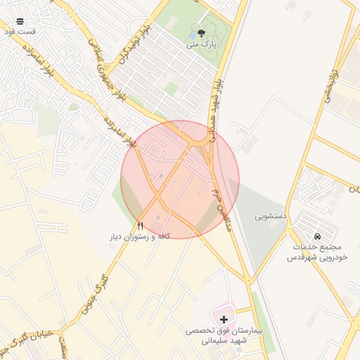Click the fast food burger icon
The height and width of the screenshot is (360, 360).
click(x=19, y=21)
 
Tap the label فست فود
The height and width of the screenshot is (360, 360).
click(x=19, y=32)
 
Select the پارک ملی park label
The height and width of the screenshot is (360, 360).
click(x=202, y=44)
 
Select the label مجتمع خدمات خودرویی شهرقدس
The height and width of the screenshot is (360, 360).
click(x=315, y=252)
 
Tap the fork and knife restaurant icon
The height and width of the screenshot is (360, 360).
click(x=140, y=226)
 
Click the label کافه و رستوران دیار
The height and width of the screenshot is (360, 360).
click(x=140, y=237)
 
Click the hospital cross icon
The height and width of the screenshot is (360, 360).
click(x=224, y=319)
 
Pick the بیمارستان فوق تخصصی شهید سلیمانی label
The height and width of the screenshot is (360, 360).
click(x=224, y=335)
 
